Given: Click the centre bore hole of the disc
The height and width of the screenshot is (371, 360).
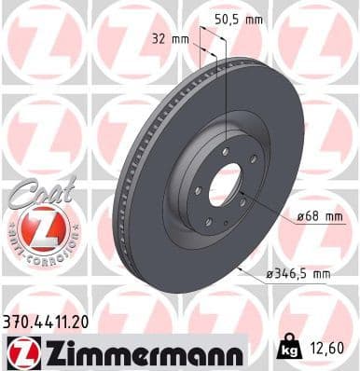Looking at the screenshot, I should (224, 188).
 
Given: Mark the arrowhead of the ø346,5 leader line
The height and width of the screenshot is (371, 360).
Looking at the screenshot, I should (239, 268).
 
